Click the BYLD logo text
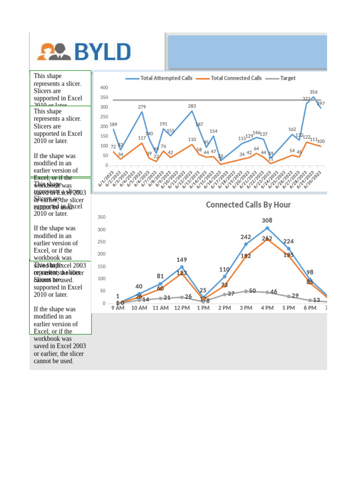pyautogui.click(x=102, y=52)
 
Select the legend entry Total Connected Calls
pyautogui.click(x=235, y=78)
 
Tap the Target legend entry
pyautogui.click(x=287, y=78)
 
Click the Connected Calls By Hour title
pyautogui.click(x=248, y=205)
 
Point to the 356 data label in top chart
pyautogui.click(x=314, y=92)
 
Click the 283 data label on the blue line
pyautogui.click(x=192, y=106)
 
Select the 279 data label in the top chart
pyautogui.click(x=142, y=107)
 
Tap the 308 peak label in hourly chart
pyautogui.click(x=267, y=220)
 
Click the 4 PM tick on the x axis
pyautogui.click(x=267, y=308)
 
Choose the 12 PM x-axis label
pyautogui.click(x=182, y=308)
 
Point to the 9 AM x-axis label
pyautogui.click(x=118, y=308)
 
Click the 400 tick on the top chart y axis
pyautogui.click(x=104, y=88)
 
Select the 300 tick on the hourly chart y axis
pyautogui.click(x=101, y=230)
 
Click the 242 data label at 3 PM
pyautogui.click(x=246, y=237)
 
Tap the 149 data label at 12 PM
pyautogui.click(x=182, y=260)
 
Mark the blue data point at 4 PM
pyautogui.click(x=267, y=228)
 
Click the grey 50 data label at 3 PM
pyautogui.click(x=252, y=291)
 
